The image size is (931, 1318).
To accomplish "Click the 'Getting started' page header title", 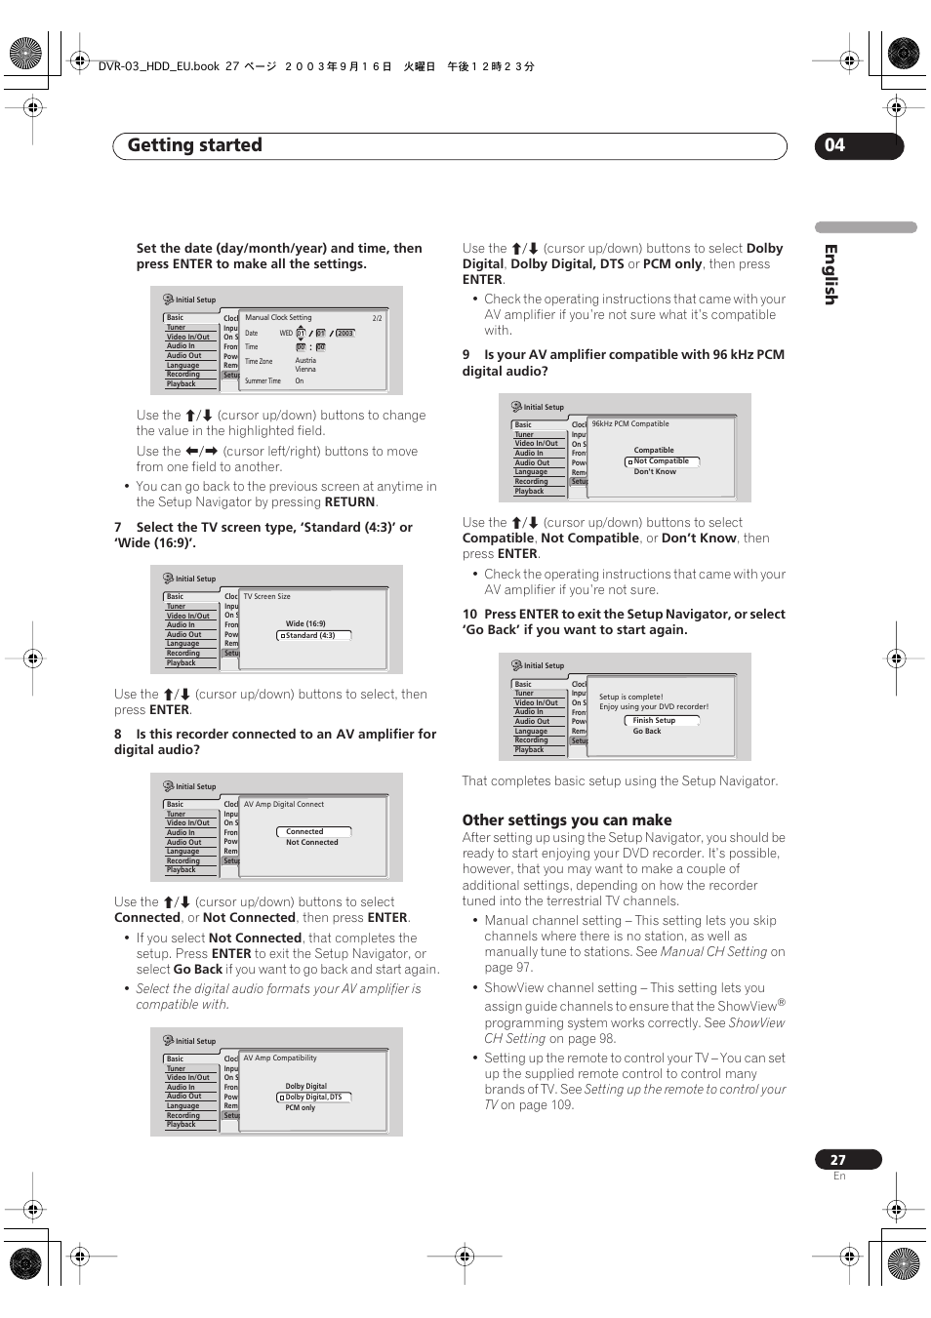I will (x=195, y=145).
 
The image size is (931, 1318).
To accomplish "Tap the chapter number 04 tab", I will (x=835, y=145).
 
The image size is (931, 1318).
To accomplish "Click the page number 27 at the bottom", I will (x=838, y=1160).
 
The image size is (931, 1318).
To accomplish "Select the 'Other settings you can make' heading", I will (x=567, y=820).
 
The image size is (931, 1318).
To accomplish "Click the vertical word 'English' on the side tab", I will (x=830, y=274).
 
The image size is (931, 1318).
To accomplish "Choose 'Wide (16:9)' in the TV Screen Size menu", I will (x=305, y=623).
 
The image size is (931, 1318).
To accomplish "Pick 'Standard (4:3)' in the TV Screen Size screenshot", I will (x=310, y=635).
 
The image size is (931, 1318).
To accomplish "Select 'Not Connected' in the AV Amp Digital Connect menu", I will (x=312, y=843).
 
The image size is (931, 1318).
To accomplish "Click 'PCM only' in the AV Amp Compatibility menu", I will (x=301, y=1108).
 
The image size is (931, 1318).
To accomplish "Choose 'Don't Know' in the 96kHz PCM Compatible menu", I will (x=655, y=472).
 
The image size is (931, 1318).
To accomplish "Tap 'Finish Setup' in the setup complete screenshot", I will (x=654, y=721).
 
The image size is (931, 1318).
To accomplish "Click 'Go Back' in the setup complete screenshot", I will (x=647, y=732).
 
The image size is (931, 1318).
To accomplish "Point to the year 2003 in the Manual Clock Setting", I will (x=344, y=334).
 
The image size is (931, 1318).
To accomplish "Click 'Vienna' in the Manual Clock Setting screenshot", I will (x=305, y=370).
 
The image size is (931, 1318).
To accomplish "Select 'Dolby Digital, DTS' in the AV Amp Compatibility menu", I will (x=313, y=1098).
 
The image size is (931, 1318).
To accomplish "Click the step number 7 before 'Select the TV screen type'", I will (x=118, y=528).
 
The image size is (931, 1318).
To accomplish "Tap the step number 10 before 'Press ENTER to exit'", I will (x=469, y=615).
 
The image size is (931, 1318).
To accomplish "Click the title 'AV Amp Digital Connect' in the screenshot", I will (x=284, y=805).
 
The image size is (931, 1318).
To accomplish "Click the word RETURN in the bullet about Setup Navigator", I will (x=349, y=502).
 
